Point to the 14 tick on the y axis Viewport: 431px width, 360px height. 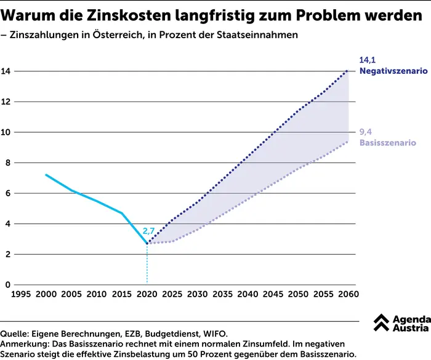tap(6, 71)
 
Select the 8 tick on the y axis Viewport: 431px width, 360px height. tap(7, 162)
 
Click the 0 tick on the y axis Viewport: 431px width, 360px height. tap(7, 285)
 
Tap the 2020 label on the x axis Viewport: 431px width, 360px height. tap(147, 295)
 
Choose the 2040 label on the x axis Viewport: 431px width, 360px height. tap(248, 295)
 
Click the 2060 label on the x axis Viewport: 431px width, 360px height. tap(347, 295)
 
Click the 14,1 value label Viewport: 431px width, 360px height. tap(367, 60)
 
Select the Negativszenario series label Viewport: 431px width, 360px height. tap(393, 71)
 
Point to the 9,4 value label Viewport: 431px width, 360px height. tap(366, 132)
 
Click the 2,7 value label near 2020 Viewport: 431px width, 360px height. tap(149, 231)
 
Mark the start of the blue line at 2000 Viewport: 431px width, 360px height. tap(46, 175)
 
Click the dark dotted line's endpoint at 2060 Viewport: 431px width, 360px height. tap(347, 71)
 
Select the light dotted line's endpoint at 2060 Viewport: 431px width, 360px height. tap(347, 142)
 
